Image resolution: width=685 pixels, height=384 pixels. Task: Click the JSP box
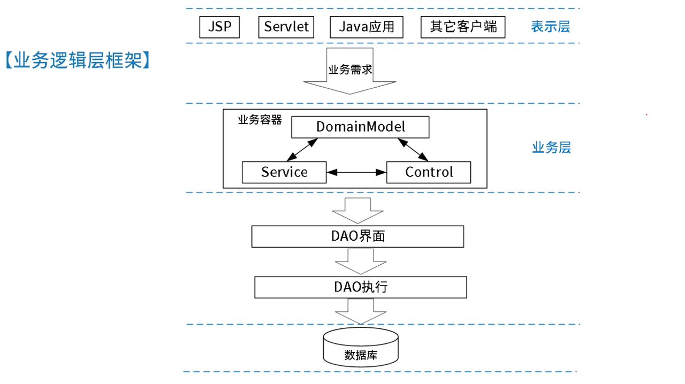pyautogui.click(x=219, y=27)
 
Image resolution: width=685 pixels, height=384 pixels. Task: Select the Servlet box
pyautogui.click(x=286, y=27)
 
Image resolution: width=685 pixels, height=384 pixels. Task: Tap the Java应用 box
pyautogui.click(x=366, y=27)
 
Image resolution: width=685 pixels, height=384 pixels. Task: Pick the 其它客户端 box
pyautogui.click(x=463, y=27)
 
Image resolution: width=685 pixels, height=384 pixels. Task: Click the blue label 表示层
pyautogui.click(x=550, y=27)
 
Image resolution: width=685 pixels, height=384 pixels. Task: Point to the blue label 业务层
pyautogui.click(x=551, y=148)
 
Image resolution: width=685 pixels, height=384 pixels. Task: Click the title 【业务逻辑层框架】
pyautogui.click(x=77, y=60)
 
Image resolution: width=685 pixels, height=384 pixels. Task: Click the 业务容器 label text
pyautogui.click(x=260, y=120)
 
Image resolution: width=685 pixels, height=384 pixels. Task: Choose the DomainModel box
pyautogui.click(x=360, y=127)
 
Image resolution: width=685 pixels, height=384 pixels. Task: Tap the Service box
pyautogui.click(x=284, y=172)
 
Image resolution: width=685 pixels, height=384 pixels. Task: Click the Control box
pyautogui.click(x=428, y=172)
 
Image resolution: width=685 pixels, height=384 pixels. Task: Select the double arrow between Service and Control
pyautogui.click(x=356, y=172)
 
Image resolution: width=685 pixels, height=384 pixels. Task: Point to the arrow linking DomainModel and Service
pyautogui.click(x=302, y=150)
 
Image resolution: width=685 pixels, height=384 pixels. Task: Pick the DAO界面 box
pyautogui.click(x=357, y=236)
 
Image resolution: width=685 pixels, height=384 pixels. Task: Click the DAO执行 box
pyautogui.click(x=360, y=287)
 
